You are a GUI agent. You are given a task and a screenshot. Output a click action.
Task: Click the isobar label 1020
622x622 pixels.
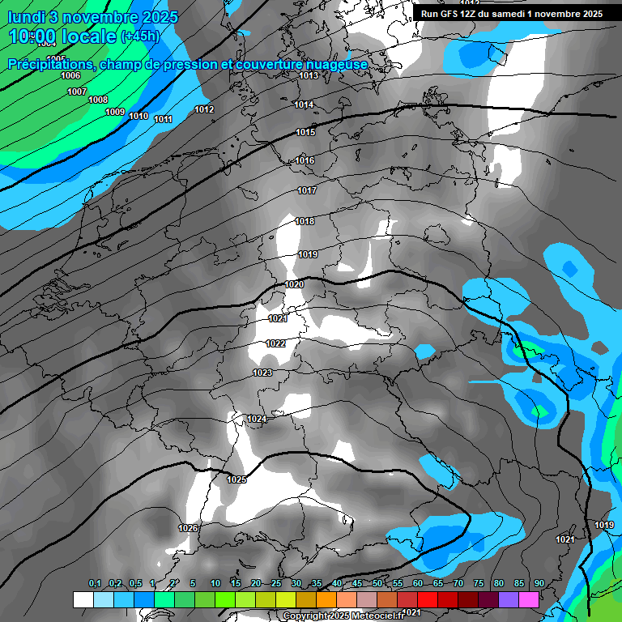(x=294, y=284)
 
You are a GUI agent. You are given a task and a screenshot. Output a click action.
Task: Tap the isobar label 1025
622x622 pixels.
(x=236, y=479)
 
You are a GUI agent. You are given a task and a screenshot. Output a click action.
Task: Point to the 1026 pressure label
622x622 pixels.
(x=188, y=528)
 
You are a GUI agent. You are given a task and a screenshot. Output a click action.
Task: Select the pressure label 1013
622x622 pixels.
(x=308, y=75)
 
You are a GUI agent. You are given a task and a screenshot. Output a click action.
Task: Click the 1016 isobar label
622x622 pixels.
(x=305, y=161)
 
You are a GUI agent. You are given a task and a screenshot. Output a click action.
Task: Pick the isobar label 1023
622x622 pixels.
(x=262, y=373)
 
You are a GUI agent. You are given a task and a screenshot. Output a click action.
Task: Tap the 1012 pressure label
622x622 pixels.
(x=204, y=109)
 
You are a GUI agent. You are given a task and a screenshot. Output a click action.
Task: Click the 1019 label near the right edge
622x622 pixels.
(x=604, y=525)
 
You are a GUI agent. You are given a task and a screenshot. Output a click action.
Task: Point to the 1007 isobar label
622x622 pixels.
(x=77, y=92)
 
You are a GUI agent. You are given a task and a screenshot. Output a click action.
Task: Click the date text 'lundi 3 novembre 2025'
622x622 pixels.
(x=92, y=17)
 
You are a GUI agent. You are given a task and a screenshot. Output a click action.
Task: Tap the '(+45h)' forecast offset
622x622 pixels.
(x=140, y=36)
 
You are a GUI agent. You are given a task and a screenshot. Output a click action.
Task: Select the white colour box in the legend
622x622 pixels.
(x=83, y=599)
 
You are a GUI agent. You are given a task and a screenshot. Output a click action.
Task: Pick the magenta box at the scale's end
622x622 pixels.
(x=529, y=599)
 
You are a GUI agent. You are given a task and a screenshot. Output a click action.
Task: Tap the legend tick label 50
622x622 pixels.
(x=377, y=584)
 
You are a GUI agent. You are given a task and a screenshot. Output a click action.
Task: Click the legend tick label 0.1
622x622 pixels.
(x=94, y=584)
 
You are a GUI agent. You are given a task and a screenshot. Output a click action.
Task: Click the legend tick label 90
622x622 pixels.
(x=539, y=584)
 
